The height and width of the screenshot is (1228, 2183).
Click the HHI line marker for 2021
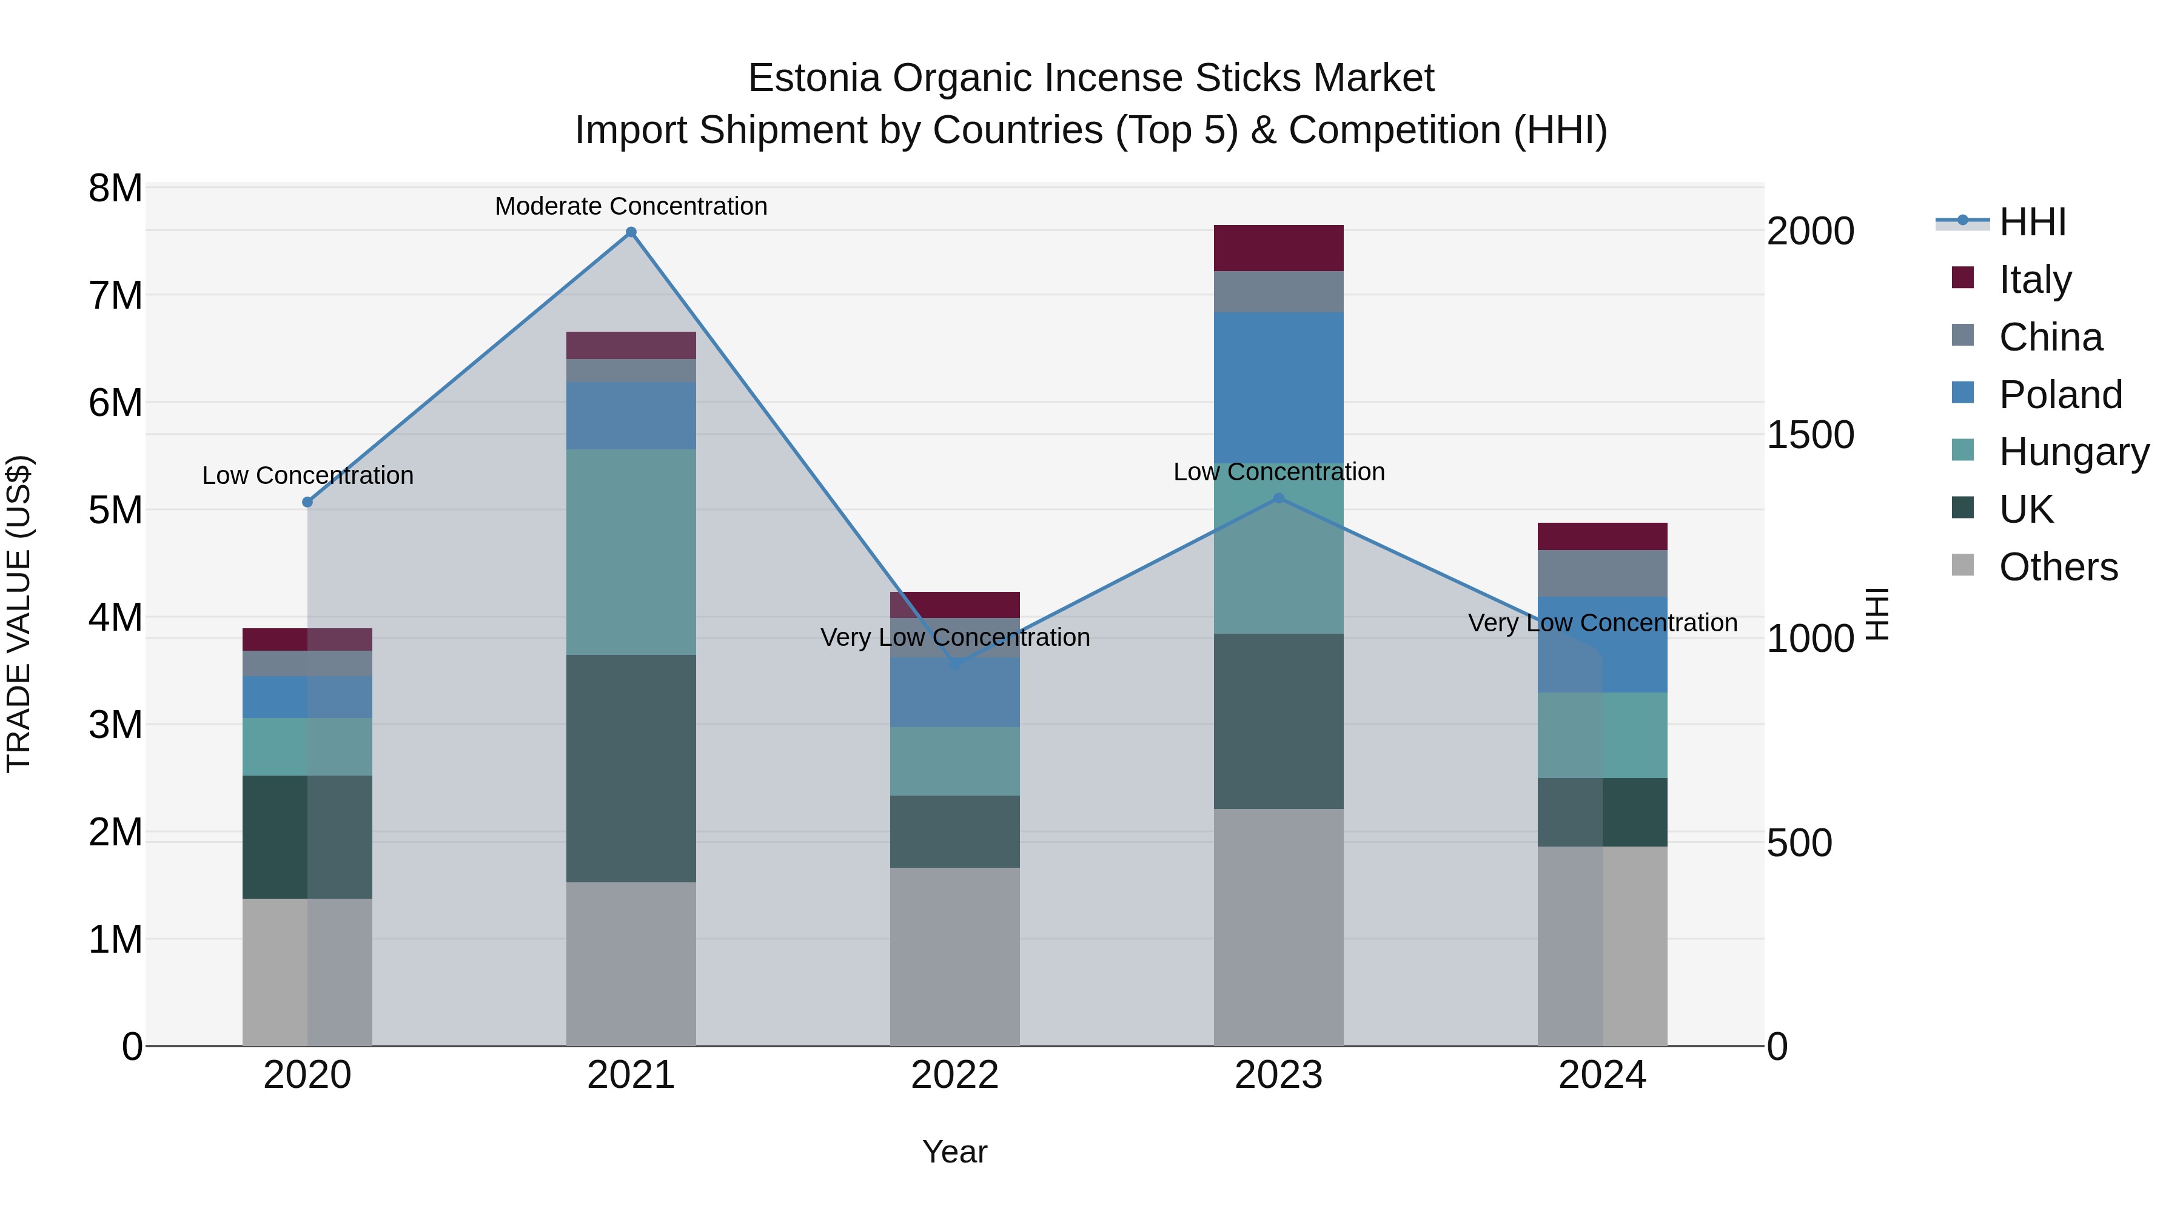click(631, 232)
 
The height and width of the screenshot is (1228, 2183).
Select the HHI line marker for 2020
click(307, 502)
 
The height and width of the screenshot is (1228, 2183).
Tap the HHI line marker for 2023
click(1279, 498)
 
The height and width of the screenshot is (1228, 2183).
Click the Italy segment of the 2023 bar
click(1279, 247)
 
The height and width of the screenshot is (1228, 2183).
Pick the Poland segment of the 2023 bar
click(1279, 386)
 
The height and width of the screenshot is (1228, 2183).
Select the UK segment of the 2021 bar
click(631, 768)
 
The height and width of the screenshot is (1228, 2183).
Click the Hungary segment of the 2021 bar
click(631, 551)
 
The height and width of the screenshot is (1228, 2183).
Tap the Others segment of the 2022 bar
click(954, 956)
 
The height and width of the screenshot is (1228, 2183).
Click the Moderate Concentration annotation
click(631, 206)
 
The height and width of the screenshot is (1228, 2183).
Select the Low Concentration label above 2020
click(307, 475)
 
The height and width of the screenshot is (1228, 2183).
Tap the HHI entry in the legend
click(2031, 222)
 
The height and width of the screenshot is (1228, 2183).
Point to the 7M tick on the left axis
click(115, 296)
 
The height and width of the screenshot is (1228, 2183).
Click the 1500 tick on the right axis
click(1810, 435)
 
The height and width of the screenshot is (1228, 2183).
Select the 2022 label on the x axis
click(954, 1075)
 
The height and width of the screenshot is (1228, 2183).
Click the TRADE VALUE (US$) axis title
click(19, 614)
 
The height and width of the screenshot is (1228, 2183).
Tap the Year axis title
click(954, 1152)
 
